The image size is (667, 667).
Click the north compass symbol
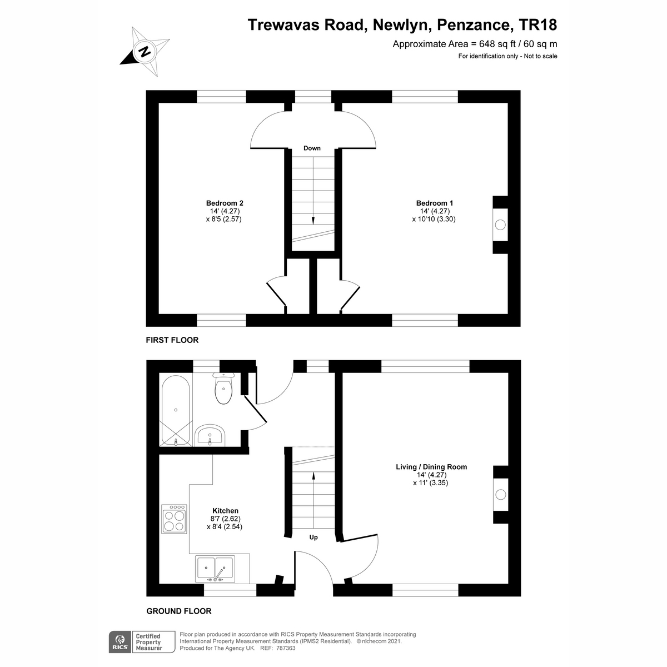[x=145, y=52]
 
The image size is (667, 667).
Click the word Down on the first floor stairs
[x=312, y=148]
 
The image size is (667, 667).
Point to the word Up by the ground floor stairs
[x=313, y=537]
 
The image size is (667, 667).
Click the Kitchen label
[x=225, y=511]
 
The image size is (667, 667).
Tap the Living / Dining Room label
[x=431, y=467]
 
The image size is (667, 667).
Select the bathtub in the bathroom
[x=176, y=410]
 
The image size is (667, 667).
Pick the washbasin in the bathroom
[x=210, y=435]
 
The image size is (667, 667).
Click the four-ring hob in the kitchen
[x=175, y=519]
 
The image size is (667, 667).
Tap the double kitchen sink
[x=215, y=568]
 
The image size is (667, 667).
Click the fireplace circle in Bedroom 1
[x=500, y=225]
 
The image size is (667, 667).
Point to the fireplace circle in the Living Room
[x=500, y=494]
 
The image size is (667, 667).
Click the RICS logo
[x=119, y=641]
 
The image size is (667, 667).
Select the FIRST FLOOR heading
[x=172, y=340]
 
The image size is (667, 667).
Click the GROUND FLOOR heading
[x=179, y=611]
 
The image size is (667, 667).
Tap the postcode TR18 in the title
[x=537, y=25]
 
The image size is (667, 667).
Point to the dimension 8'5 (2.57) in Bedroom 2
[x=223, y=219]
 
